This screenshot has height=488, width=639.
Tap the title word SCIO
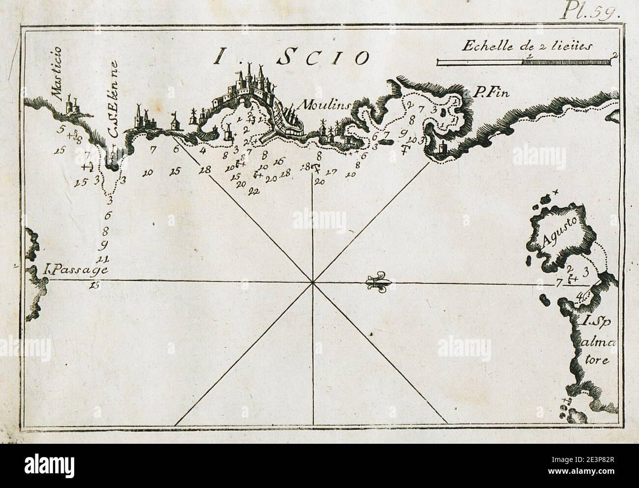[x=323, y=58]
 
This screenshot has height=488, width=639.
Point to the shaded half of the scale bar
[x=568, y=61]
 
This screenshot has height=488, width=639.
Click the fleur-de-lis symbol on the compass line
[x=377, y=282]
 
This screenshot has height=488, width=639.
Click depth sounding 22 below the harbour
[x=254, y=191]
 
